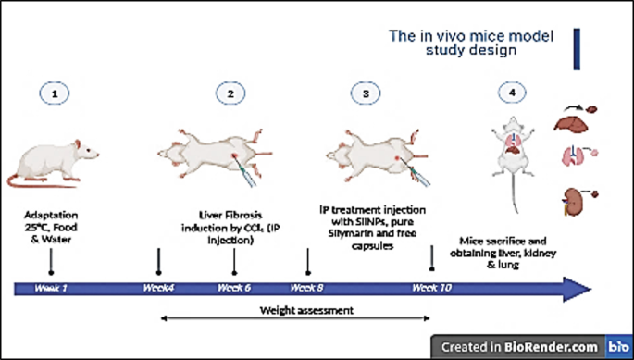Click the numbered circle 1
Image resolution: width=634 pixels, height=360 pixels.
(x=55, y=93)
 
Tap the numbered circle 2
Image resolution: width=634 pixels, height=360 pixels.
(x=231, y=93)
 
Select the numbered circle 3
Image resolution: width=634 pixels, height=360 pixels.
(x=367, y=93)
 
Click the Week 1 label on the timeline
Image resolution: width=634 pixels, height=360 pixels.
(x=51, y=289)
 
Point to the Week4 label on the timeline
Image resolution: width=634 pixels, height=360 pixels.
(x=159, y=289)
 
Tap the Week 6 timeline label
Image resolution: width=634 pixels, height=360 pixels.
(x=234, y=289)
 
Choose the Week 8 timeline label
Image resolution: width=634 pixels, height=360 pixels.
(x=306, y=289)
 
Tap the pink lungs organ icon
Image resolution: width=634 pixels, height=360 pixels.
(x=576, y=156)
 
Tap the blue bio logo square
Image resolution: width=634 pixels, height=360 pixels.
(x=617, y=347)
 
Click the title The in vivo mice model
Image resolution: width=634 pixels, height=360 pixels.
(x=470, y=36)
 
